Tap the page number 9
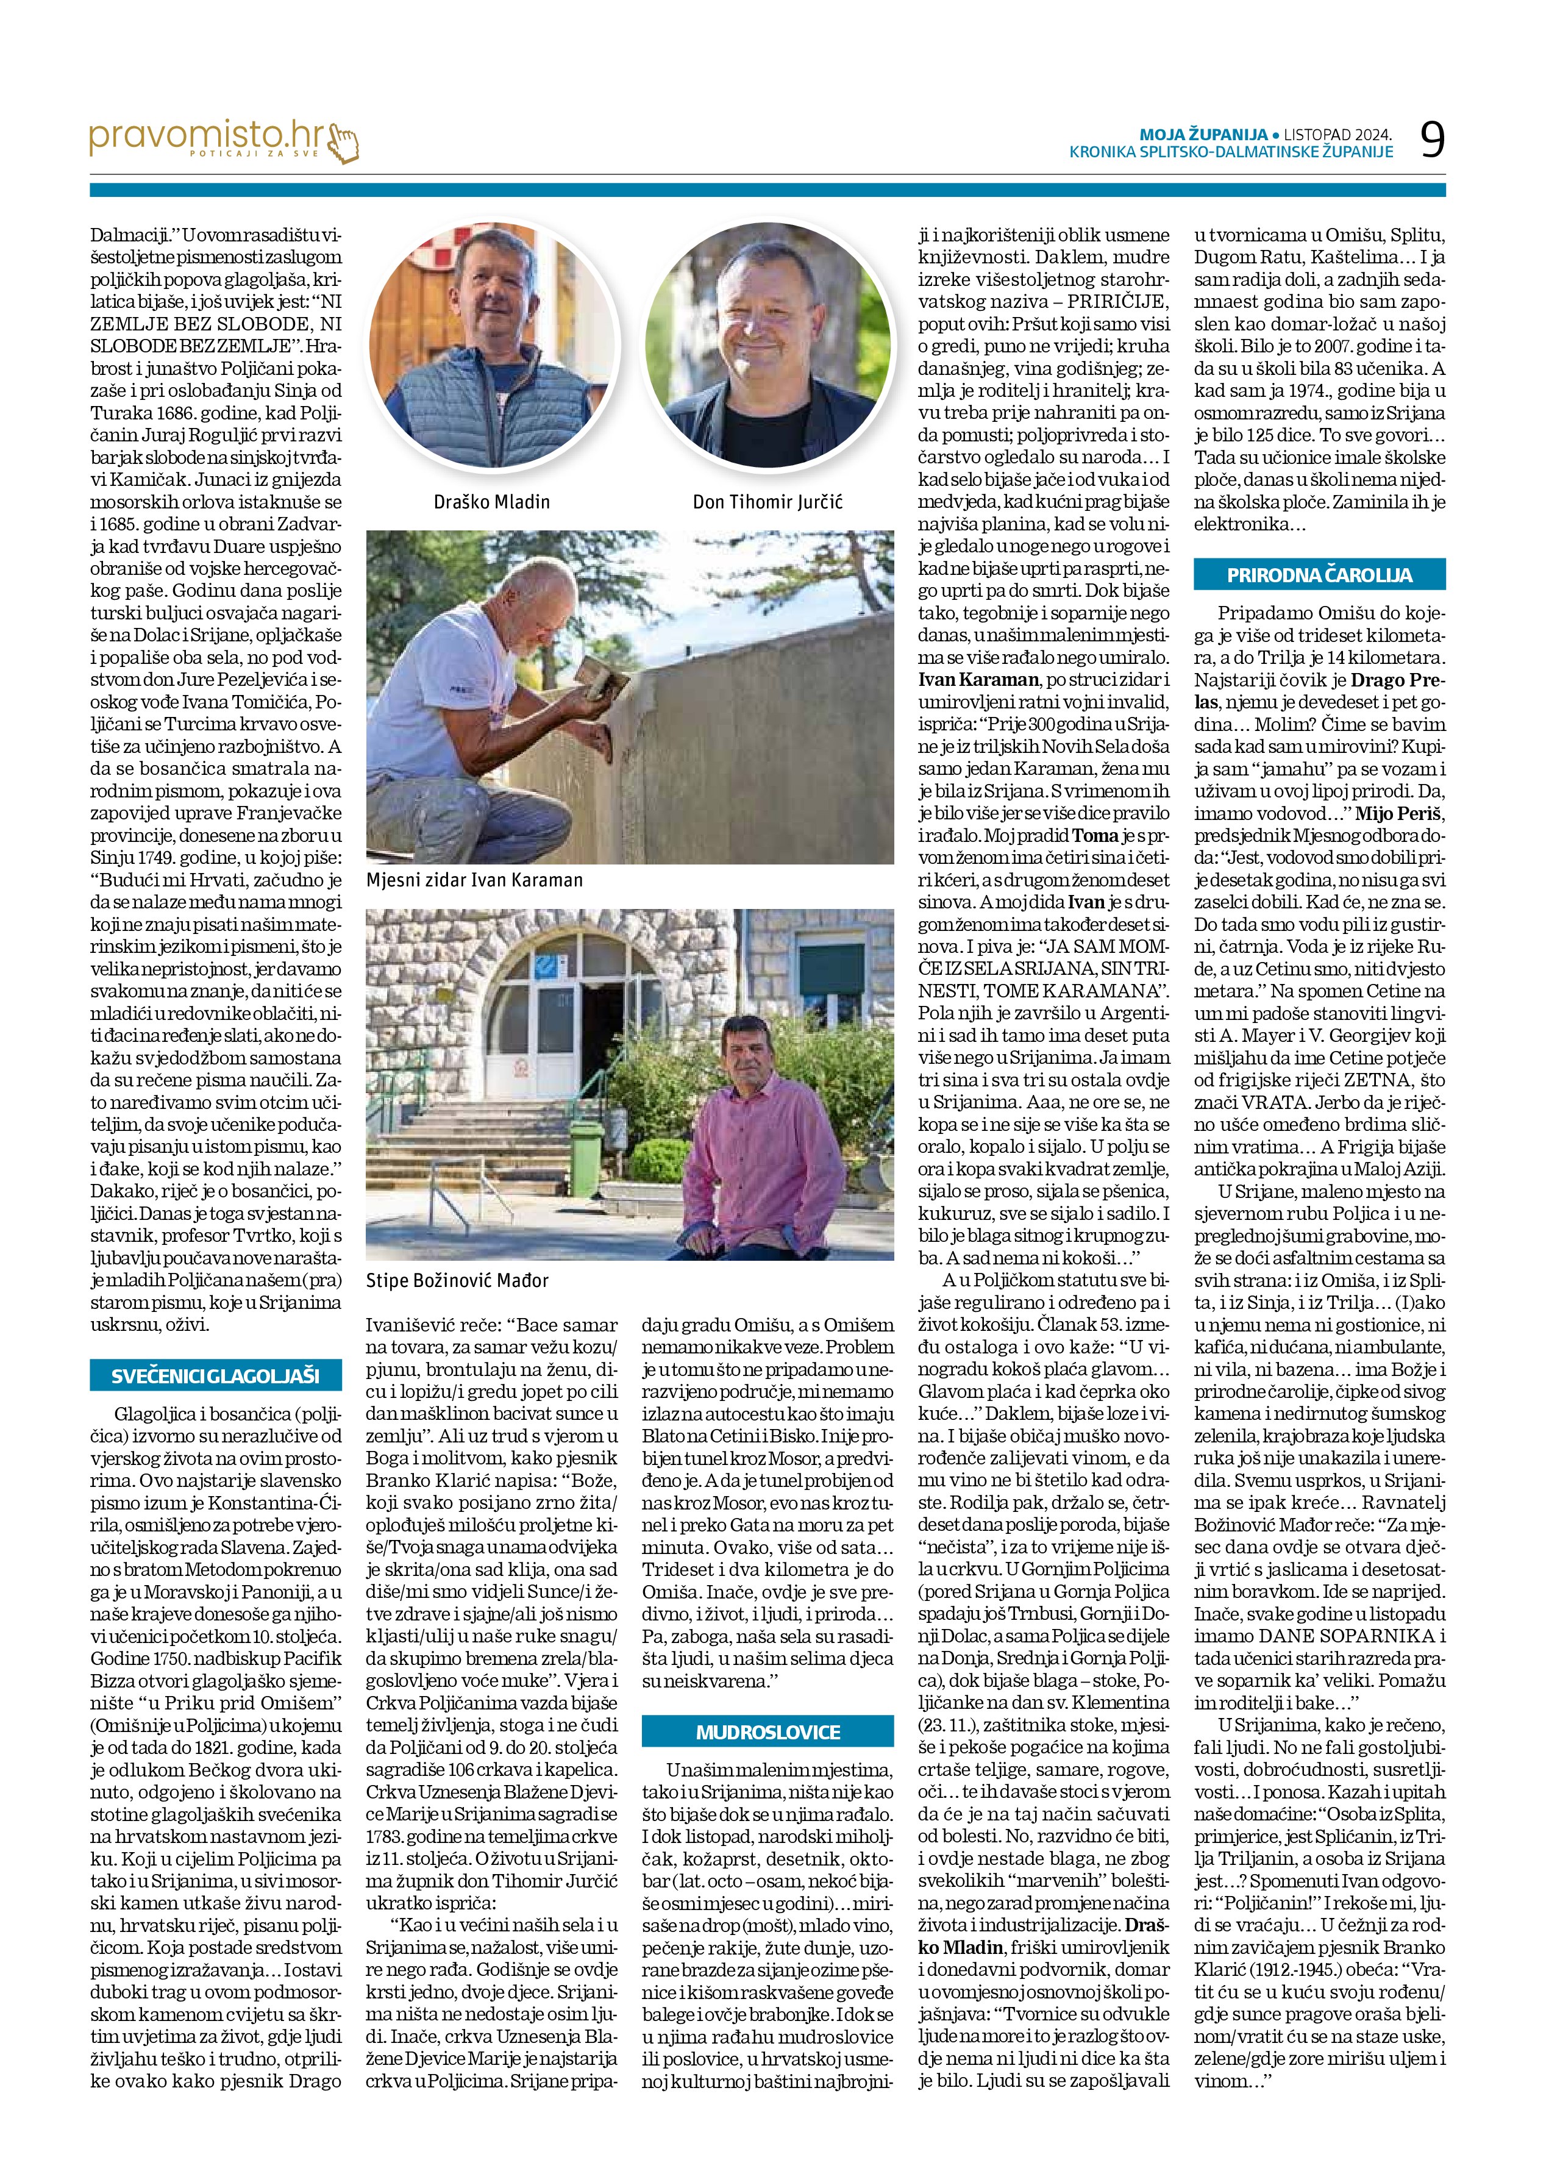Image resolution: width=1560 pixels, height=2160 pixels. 1431,141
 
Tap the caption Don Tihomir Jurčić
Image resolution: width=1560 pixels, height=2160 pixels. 768,502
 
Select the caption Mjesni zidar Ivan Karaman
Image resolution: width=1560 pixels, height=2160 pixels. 474,880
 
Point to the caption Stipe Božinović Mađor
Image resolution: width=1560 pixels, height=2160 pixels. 457,1281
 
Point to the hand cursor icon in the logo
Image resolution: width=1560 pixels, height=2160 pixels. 343,144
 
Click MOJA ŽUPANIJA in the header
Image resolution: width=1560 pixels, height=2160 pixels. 1203,134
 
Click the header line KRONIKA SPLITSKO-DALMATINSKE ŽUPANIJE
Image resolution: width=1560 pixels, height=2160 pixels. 1230,151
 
